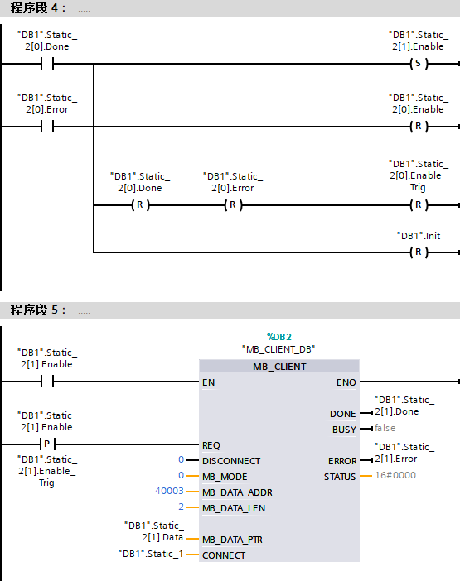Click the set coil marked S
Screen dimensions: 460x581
(419, 64)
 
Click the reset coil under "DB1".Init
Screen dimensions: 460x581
(419, 252)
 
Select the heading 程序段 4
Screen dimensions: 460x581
(38, 7)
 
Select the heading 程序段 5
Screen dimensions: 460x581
(38, 310)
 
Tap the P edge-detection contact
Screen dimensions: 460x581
(47, 444)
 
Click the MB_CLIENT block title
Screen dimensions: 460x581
(279, 367)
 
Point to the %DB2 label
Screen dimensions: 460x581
(279, 337)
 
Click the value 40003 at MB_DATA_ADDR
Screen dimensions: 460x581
(169, 491)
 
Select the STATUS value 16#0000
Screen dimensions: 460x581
(395, 475)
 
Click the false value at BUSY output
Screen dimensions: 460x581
(385, 429)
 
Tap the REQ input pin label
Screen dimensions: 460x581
(211, 445)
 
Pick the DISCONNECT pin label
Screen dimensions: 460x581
(231, 461)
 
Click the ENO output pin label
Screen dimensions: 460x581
(346, 382)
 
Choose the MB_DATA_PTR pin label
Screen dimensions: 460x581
(232, 540)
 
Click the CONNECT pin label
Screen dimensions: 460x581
(224, 555)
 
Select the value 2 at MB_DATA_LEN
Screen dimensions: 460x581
(181, 507)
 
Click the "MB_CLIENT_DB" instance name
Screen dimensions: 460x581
(278, 349)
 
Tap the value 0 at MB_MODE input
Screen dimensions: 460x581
(181, 475)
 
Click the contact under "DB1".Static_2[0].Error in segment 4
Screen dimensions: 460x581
(47, 127)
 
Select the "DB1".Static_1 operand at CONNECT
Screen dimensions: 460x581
(151, 554)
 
